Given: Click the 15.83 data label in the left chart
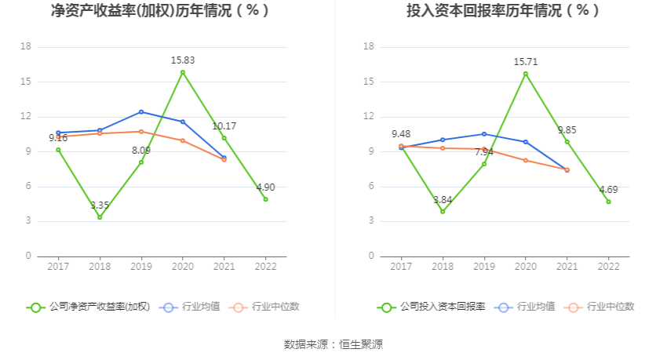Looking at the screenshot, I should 183,60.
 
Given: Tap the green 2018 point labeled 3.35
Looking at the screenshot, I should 100,217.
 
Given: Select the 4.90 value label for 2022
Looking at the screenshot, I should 265,187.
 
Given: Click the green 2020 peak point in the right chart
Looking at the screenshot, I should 526,74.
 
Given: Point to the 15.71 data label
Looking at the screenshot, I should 526,61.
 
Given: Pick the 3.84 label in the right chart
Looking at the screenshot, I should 443,200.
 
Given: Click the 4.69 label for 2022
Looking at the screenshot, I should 608,190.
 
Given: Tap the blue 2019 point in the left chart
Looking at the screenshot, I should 141,112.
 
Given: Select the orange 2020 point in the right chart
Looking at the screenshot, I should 526,160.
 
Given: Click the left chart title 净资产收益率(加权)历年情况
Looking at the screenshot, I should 160,11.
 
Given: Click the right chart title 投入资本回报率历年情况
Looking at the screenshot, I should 502,11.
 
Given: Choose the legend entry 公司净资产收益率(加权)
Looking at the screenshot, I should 89,307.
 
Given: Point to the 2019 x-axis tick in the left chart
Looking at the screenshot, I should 141,267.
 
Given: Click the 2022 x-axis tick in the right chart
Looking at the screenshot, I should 608,267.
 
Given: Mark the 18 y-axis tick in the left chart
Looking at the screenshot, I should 26,47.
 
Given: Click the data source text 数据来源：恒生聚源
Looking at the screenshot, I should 333,344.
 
